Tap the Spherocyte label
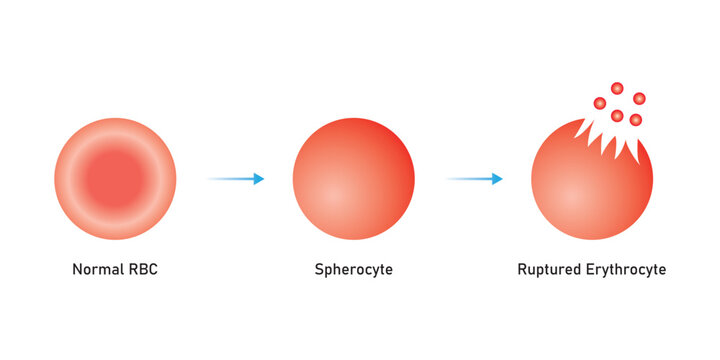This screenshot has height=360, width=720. point(353,270)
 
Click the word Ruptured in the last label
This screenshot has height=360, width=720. point(550,270)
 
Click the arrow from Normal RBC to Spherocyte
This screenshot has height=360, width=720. point(235,179)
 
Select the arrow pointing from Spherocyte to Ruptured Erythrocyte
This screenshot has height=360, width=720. point(473,179)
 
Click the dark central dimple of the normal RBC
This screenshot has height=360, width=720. point(115,180)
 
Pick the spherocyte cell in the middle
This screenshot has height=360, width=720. point(353,180)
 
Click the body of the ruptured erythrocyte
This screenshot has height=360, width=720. point(590,195)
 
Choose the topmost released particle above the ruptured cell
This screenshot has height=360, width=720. point(617,88)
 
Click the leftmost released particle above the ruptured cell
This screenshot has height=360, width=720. point(600,103)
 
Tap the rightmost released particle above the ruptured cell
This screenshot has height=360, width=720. point(639,98)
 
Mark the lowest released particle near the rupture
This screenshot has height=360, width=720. point(635,120)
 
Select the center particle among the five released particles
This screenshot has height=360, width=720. point(617,115)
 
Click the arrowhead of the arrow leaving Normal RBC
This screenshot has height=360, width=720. point(259,179)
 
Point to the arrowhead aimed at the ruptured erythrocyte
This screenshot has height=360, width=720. point(497,179)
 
